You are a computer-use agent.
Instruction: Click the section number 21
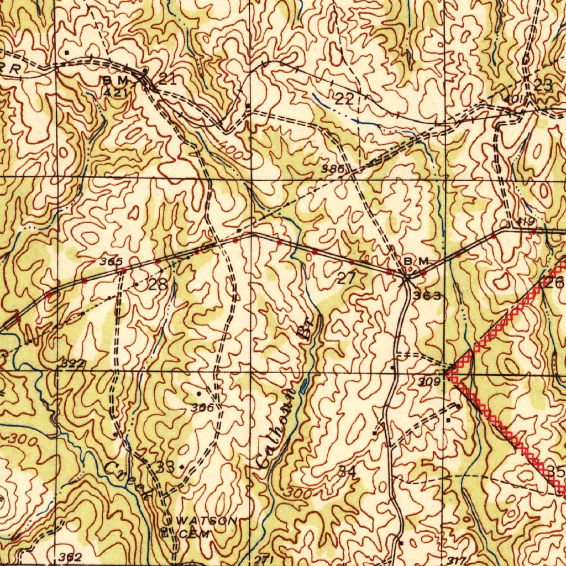point(167,79)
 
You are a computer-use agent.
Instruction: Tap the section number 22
point(344,99)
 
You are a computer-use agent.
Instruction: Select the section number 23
point(543,85)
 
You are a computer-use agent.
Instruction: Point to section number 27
point(347,278)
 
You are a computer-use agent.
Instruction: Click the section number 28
point(158,285)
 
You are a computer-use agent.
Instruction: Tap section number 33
point(165,466)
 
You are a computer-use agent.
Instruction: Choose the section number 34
point(347,471)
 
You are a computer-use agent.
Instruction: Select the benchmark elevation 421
point(116,92)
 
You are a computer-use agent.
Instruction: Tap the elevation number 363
point(428,296)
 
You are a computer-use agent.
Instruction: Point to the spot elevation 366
point(202,407)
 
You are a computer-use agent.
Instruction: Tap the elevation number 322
point(73,363)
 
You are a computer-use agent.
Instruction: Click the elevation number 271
point(264,560)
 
